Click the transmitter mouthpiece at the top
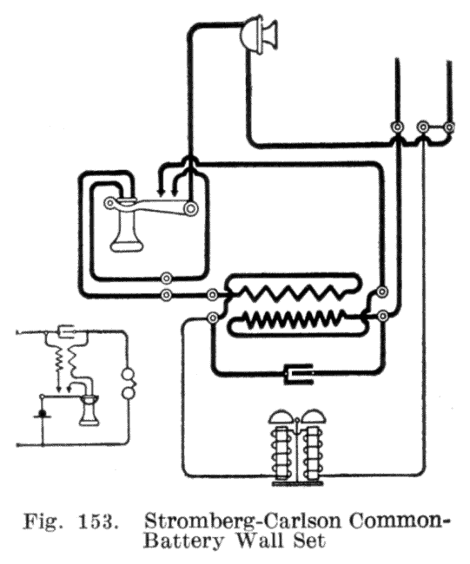259,35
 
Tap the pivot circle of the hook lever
191,207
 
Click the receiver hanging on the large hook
126,225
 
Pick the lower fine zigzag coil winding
296,317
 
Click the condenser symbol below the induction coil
299,375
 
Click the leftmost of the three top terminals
397,127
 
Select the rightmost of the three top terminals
449,127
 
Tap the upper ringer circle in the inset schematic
129,376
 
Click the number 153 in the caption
98,522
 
